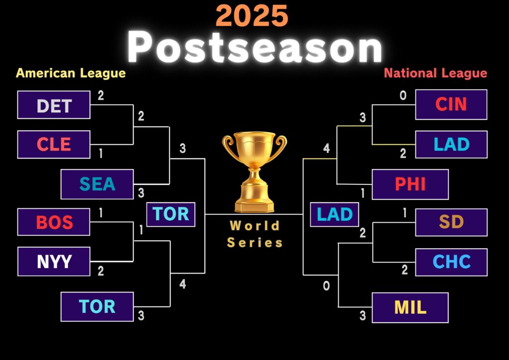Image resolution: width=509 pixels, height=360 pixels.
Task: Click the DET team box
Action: pos(54,105)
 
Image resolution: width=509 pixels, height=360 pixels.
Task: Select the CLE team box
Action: pos(54,145)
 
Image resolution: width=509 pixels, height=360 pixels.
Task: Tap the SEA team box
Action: pos(97,184)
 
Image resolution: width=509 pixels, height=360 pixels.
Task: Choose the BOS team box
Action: pos(54,222)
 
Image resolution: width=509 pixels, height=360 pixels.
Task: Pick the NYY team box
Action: pos(54,262)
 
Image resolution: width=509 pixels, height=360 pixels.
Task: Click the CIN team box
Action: pos(451,104)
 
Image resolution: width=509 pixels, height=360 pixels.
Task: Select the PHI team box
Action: pos(410,184)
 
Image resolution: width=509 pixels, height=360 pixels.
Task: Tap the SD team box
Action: pos(451,222)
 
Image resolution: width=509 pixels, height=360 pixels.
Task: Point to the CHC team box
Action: pos(451,262)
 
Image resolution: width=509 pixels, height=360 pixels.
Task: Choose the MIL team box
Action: pos(410,308)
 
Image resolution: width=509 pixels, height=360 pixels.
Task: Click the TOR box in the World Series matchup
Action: pos(171,214)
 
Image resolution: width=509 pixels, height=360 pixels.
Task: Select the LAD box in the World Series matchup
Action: pos(335,214)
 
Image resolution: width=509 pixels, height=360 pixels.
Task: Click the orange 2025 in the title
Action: pos(252,15)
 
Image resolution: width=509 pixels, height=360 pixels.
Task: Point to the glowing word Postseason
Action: pos(255,47)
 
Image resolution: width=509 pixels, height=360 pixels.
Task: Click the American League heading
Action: pos(71,74)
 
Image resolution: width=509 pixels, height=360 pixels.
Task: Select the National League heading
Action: pos(435,74)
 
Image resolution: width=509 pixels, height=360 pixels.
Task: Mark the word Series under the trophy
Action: pos(255,243)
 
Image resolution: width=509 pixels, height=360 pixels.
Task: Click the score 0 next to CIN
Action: pos(403,95)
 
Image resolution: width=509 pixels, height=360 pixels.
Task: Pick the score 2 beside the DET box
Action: pos(100,95)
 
